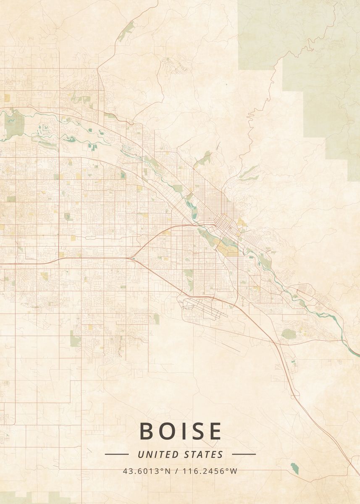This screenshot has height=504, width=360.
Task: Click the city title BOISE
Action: [180, 431]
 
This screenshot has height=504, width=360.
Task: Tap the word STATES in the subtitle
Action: [204, 454]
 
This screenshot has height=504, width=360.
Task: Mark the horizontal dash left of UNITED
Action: [116, 454]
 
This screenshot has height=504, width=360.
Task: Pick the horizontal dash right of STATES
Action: [244, 454]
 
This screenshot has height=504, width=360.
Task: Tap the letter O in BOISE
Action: [168, 431]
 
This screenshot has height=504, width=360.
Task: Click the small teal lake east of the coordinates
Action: [295, 468]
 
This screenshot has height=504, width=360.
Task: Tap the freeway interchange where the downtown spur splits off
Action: [132, 257]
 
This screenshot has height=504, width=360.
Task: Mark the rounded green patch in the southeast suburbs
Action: [289, 334]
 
